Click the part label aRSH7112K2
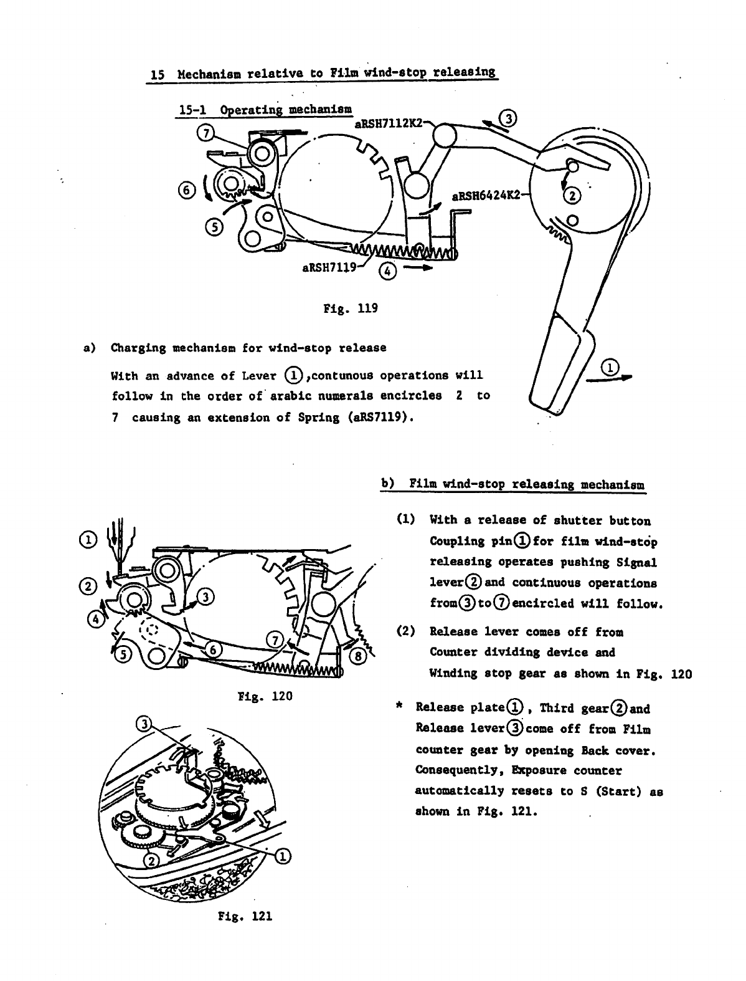[x=387, y=123]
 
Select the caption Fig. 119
[x=351, y=309]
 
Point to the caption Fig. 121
[x=246, y=916]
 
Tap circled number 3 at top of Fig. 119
[x=508, y=118]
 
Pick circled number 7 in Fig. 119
[x=205, y=132]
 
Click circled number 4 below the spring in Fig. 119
[x=386, y=270]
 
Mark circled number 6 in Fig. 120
[x=213, y=650]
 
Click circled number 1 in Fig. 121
[x=281, y=857]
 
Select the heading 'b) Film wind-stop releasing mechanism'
[x=513, y=484]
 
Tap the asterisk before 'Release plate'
[x=401, y=707]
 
